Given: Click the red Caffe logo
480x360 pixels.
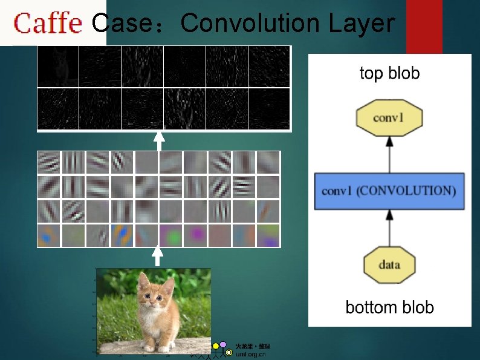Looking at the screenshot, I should [48, 24].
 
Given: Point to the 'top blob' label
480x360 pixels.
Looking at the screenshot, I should [389, 74].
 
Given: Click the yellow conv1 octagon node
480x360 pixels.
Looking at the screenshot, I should [389, 117].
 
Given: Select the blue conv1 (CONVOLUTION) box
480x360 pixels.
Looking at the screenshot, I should [389, 191].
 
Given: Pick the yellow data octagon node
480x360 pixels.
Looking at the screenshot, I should [389, 265].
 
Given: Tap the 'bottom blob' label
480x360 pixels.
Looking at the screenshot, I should [389, 307].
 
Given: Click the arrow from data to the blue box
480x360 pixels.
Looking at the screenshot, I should [389, 227].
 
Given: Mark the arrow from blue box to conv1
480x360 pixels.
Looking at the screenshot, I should [389, 154].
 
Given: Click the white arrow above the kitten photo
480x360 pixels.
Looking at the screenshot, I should [158, 255].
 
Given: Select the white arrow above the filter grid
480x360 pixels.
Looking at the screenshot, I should [158, 141].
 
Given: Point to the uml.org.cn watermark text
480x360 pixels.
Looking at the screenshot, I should [250, 355].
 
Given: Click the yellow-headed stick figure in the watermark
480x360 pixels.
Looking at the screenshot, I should [215, 347].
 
